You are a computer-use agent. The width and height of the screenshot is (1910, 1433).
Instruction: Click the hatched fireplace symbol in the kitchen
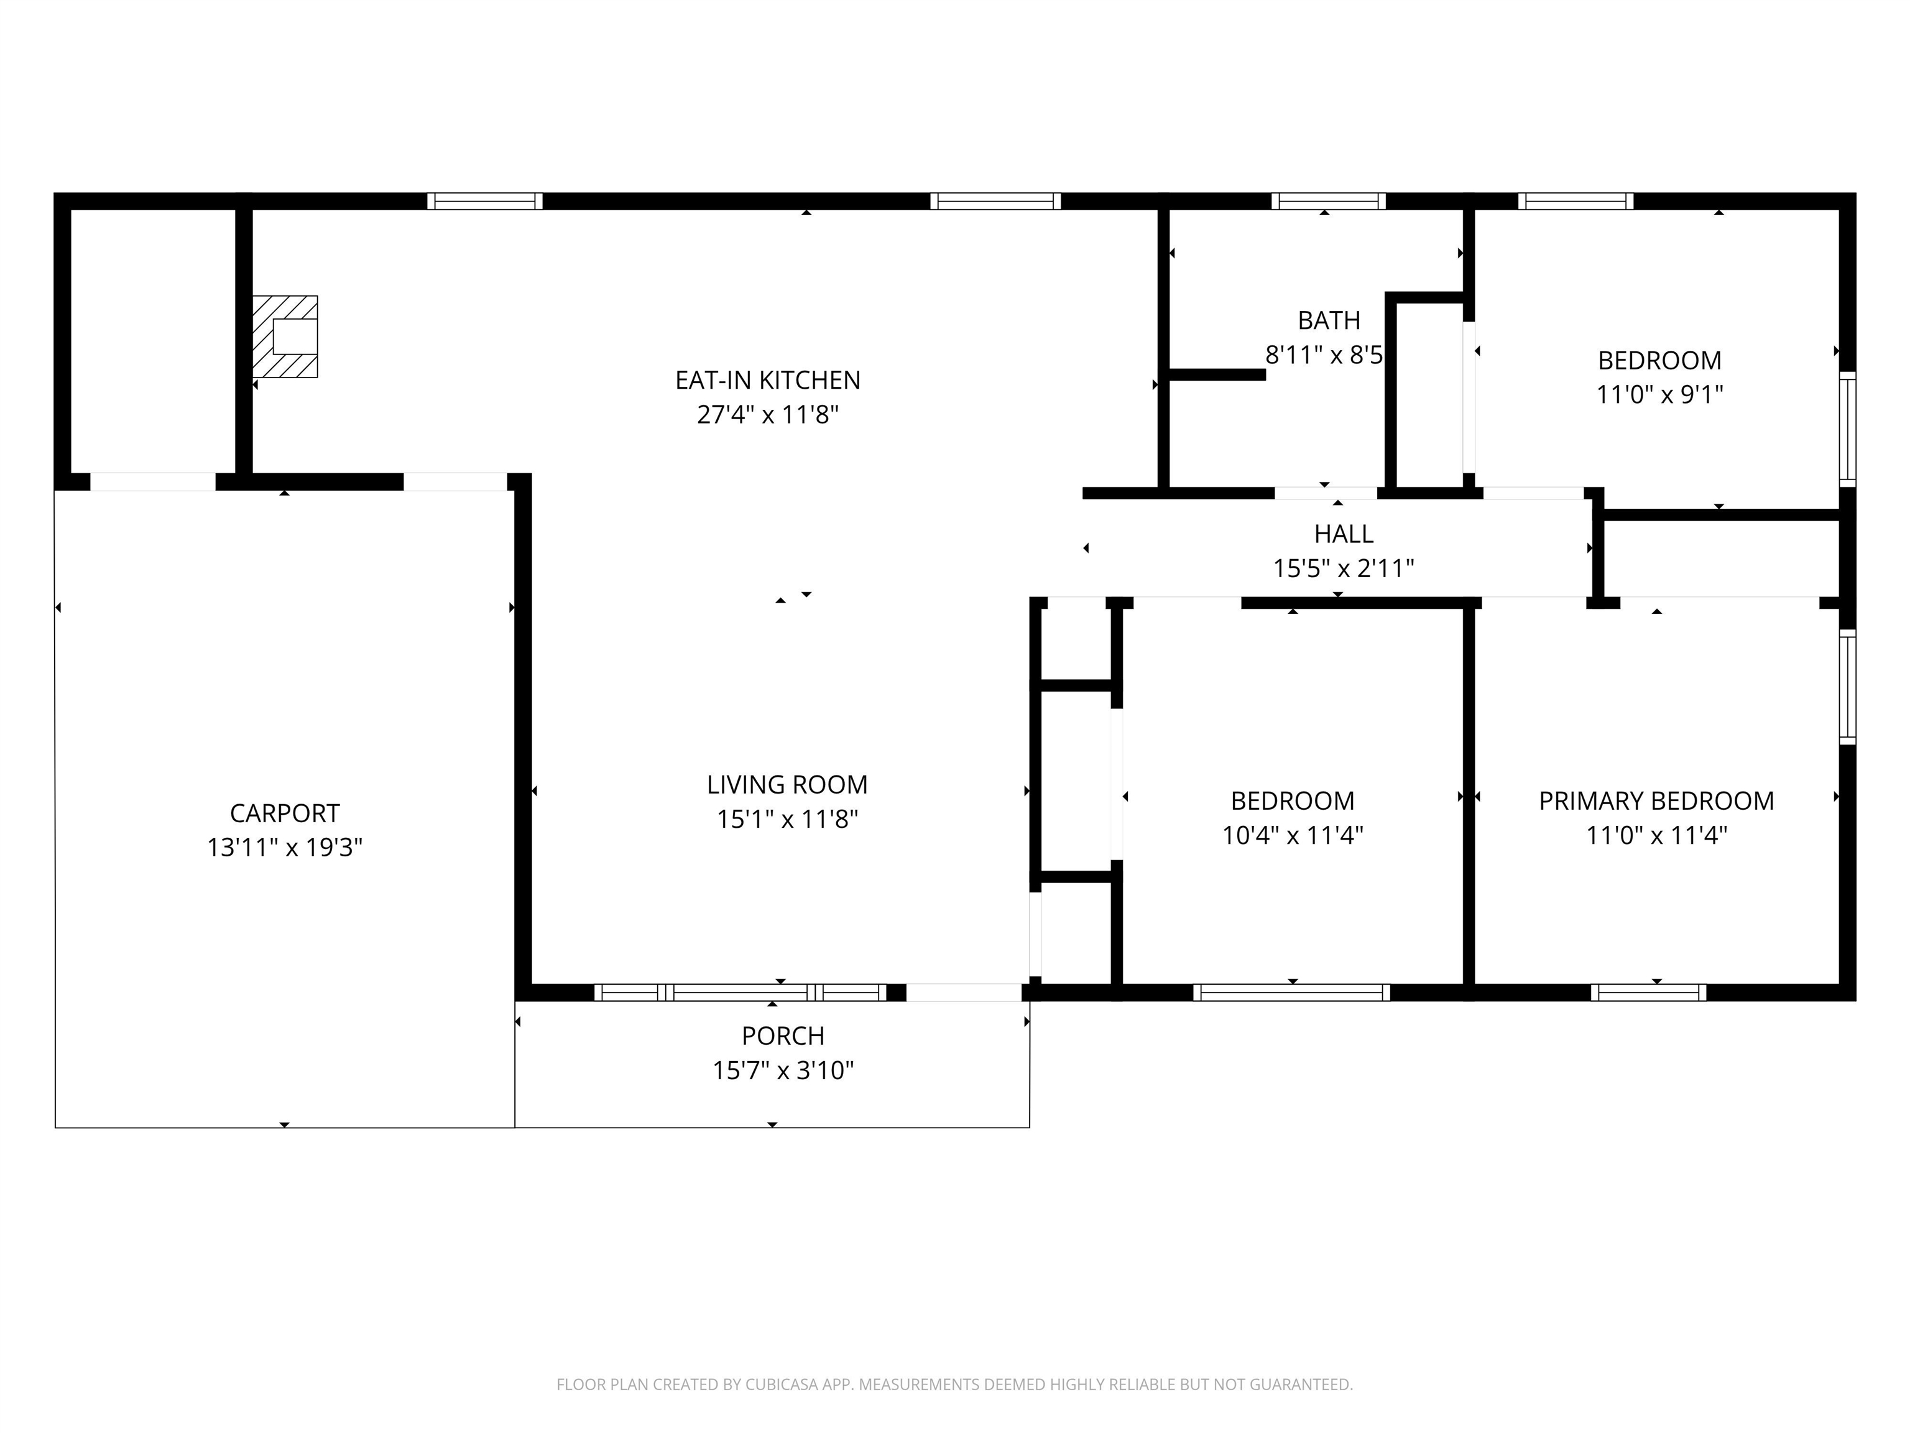pos(285,336)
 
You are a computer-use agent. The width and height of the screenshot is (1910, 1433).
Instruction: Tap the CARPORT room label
pos(284,813)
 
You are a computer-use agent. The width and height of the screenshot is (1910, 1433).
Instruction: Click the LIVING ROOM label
pos(787,784)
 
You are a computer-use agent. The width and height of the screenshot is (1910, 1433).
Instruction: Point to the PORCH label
pos(782,1035)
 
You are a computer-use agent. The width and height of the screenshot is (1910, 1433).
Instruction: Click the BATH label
pos(1328,320)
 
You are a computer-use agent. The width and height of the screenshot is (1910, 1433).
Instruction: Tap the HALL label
pos(1344,534)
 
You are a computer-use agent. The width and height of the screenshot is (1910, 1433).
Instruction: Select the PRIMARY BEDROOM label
pos(1655,800)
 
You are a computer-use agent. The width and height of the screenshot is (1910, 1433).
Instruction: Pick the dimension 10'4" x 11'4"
pos(1292,835)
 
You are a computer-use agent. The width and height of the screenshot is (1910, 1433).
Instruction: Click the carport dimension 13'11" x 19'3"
pos(284,847)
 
